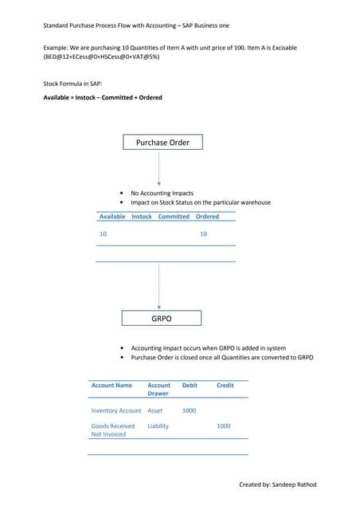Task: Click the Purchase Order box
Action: [162, 143]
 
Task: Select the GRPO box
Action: [162, 318]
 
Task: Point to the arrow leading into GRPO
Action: [159, 287]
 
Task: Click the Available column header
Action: [112, 217]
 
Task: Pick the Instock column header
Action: [142, 217]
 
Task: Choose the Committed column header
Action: [174, 217]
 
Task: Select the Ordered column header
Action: [207, 217]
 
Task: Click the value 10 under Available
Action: [103, 234]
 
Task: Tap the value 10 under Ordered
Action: [203, 234]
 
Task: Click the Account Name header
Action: [112, 386]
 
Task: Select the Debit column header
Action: [190, 386]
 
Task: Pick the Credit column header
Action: [225, 386]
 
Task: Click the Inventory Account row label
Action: [116, 410]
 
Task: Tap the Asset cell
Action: [155, 410]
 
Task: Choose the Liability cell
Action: [158, 426]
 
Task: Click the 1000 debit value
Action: [189, 410]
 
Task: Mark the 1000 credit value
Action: [224, 426]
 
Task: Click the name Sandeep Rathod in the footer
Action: [293, 484]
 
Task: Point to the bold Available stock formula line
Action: [103, 98]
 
